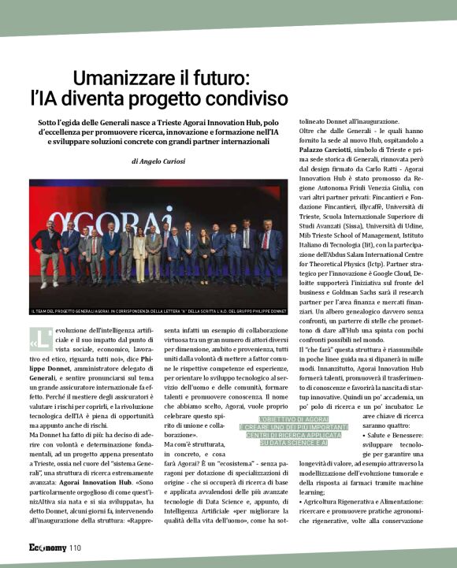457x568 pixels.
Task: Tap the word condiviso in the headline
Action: click(244, 99)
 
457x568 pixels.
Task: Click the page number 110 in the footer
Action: click(75, 548)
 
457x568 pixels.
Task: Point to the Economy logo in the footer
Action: click(48, 548)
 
